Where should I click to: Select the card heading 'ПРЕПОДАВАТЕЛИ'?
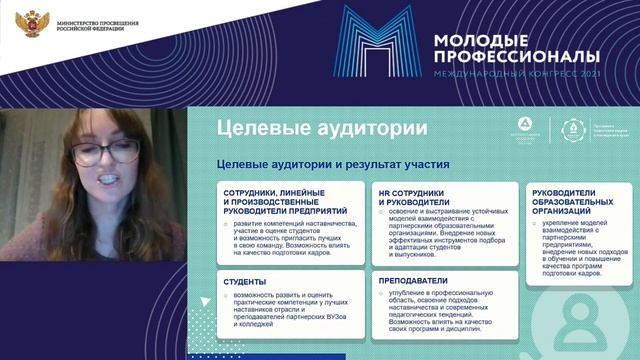413,281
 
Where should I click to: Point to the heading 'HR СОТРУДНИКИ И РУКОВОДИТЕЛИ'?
410,196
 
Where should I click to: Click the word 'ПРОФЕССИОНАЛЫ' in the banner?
516,58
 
